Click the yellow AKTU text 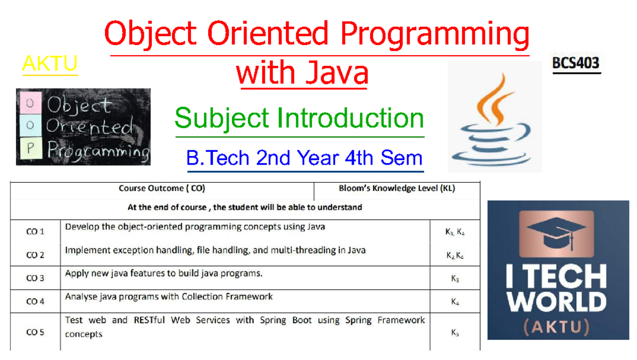(x=50, y=63)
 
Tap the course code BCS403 (x=576, y=63)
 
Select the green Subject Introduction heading (x=299, y=118)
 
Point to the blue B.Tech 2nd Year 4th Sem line (x=304, y=158)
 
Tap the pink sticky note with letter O (x=30, y=103)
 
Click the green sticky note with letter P (x=31, y=148)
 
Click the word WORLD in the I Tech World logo (x=556, y=302)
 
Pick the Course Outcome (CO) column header (x=162, y=188)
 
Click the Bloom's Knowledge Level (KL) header (x=397, y=188)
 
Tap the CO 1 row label (x=35, y=232)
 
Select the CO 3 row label (x=35, y=278)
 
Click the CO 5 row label (x=35, y=332)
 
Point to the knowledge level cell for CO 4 (x=455, y=302)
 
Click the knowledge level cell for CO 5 (x=455, y=332)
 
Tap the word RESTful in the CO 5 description (x=149, y=320)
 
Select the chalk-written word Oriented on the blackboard (x=90, y=126)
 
